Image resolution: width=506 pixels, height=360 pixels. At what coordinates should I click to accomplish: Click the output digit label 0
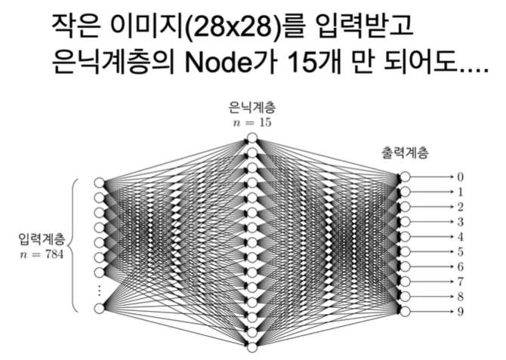[x=460, y=177]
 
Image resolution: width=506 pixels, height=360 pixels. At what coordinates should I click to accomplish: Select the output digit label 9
[x=460, y=311]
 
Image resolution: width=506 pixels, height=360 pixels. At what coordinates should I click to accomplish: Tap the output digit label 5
[x=460, y=251]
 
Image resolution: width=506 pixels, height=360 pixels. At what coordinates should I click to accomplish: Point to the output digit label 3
[x=460, y=221]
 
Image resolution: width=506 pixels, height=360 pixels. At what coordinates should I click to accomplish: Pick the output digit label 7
[x=460, y=282]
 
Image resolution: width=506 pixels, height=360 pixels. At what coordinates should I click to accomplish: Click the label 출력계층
[x=406, y=152]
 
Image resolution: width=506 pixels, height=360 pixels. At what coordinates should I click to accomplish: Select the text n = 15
[x=252, y=122]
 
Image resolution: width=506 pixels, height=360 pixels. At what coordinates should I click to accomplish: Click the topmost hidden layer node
[x=252, y=138]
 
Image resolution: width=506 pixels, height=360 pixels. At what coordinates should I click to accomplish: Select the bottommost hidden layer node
[x=252, y=346]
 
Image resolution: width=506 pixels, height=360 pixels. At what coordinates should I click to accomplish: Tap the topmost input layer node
[x=99, y=183]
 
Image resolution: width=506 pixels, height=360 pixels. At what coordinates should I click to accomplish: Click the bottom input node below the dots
[x=99, y=308]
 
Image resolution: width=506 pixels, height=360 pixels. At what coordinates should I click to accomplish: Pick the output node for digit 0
[x=406, y=177]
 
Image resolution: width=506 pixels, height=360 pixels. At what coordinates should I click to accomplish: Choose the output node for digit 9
[x=406, y=311]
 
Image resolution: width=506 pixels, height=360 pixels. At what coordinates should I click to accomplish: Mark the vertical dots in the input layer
[x=99, y=290]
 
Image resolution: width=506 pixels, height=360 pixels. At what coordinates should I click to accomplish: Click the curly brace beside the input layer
[x=74, y=245]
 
